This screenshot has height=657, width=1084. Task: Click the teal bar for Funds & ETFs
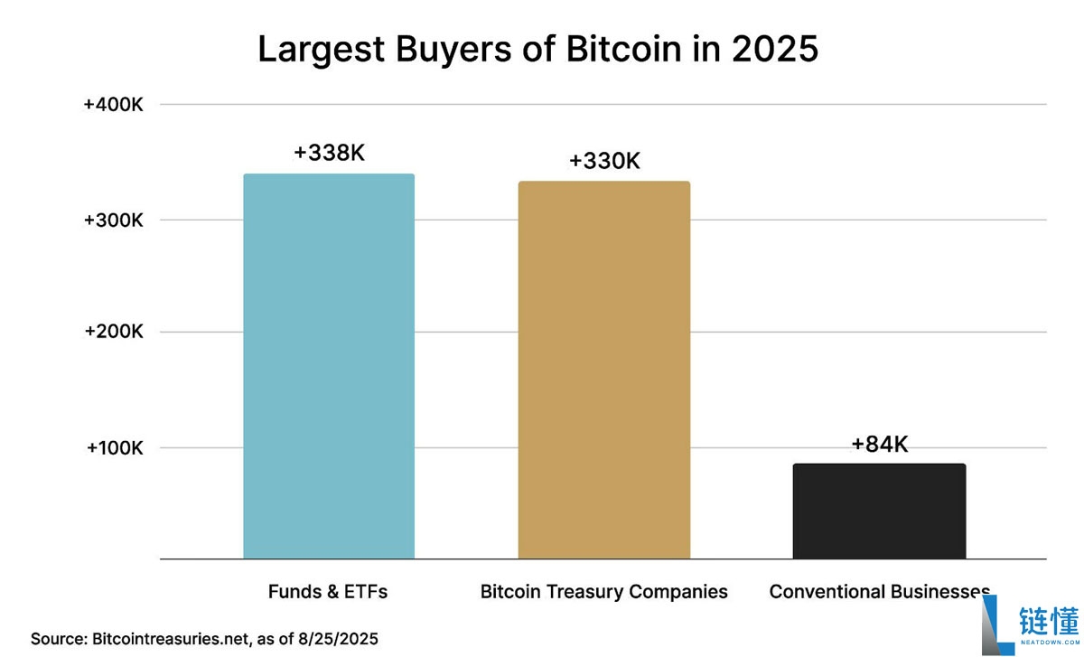click(329, 366)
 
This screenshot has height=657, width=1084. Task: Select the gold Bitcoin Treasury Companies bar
click(603, 371)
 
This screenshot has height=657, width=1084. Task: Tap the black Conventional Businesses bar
click(879, 512)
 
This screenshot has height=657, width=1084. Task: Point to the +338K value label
click(329, 154)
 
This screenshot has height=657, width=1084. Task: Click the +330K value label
click(604, 162)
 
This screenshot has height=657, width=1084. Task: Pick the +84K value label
click(879, 445)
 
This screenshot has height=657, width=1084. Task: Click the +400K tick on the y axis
click(114, 105)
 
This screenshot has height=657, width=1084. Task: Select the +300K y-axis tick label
click(114, 221)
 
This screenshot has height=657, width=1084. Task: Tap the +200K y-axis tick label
click(114, 332)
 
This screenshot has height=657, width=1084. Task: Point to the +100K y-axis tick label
click(114, 448)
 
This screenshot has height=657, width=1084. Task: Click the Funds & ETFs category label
click(328, 592)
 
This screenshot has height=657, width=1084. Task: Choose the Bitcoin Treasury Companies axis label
click(603, 592)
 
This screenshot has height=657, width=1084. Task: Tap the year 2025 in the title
click(775, 49)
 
